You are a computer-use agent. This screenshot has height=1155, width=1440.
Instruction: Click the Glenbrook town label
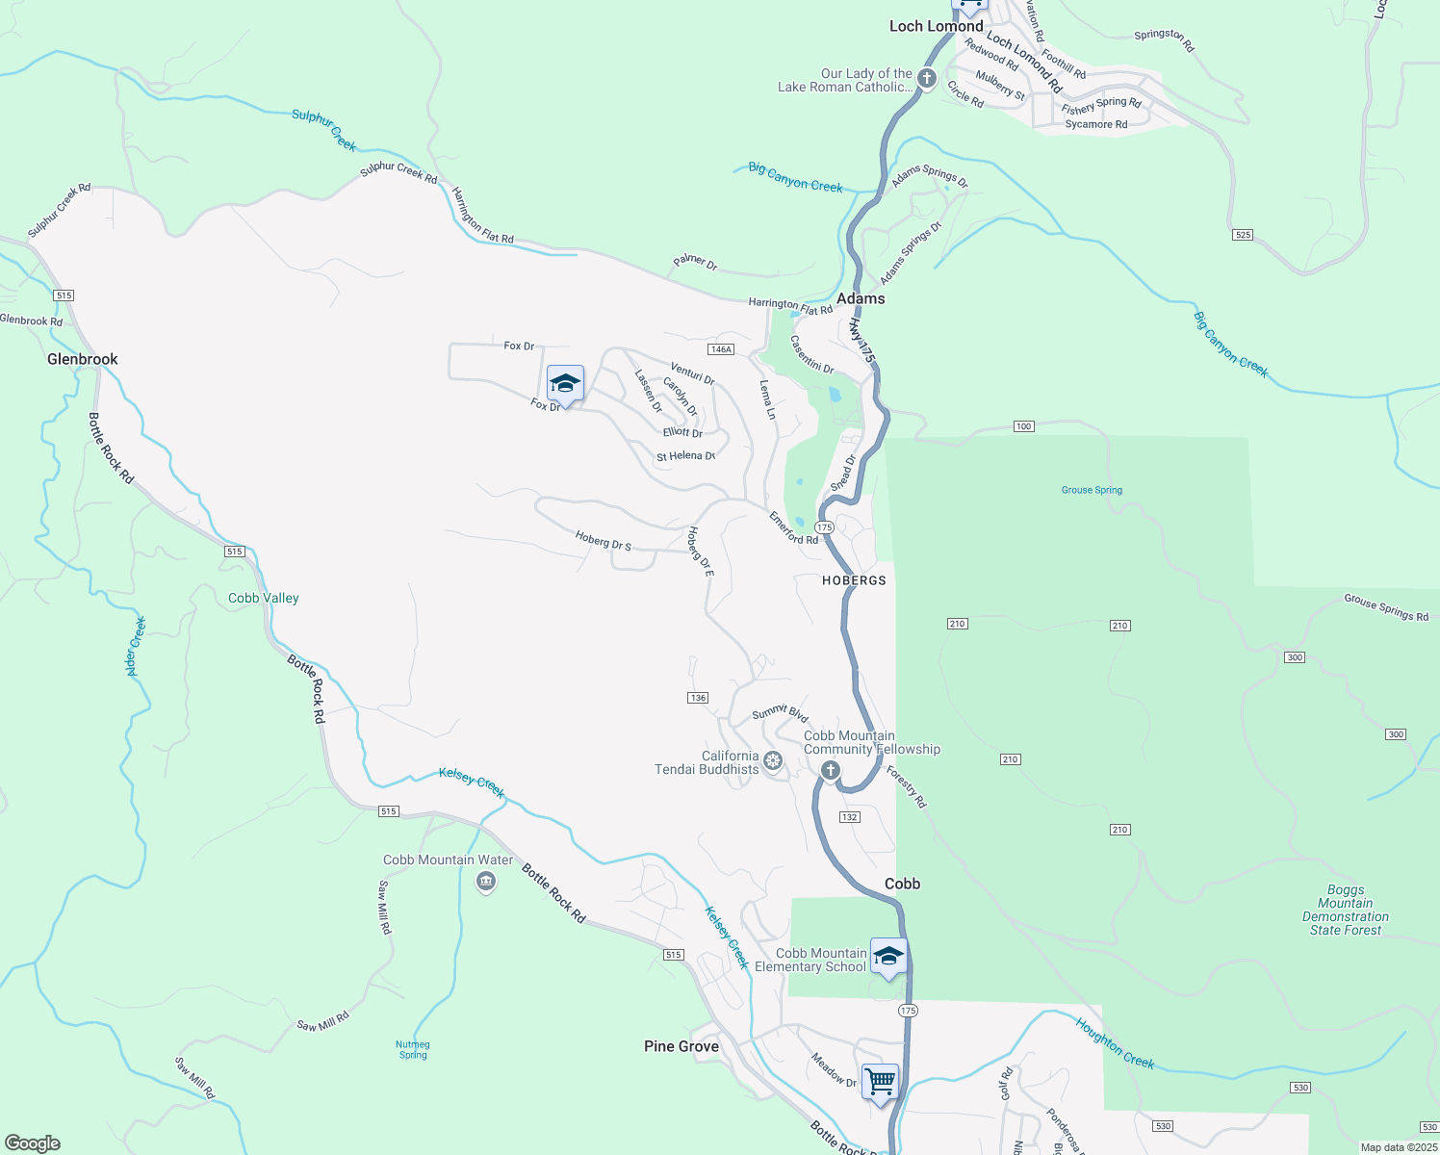tap(83, 359)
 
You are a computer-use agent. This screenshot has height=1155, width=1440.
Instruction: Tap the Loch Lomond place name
tap(936, 26)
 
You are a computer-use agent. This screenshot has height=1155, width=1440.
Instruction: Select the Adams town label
tap(861, 298)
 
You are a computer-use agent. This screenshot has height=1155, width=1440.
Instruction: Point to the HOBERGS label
tap(854, 580)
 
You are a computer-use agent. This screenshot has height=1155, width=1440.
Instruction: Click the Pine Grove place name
tap(681, 1046)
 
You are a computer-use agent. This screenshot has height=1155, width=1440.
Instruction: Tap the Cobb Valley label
tap(264, 598)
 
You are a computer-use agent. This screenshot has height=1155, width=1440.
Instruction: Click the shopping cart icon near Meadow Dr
tap(881, 1082)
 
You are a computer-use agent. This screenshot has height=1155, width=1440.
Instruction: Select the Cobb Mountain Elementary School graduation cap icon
tap(888, 957)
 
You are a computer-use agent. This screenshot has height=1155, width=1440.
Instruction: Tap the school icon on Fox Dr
tap(565, 384)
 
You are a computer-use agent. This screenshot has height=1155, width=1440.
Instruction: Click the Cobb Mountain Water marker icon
tap(486, 881)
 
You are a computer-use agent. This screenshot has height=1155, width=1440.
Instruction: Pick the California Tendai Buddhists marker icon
tap(772, 762)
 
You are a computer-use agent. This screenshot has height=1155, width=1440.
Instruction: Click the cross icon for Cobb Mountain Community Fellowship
tap(831, 770)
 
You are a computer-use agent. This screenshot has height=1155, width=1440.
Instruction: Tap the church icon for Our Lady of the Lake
tap(927, 79)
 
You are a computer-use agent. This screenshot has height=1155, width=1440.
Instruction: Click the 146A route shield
tap(721, 349)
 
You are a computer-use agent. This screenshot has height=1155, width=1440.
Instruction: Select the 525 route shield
tap(1243, 235)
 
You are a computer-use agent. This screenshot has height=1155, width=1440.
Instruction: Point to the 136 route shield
tap(698, 698)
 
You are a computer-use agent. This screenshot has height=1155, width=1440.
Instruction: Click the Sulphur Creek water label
tap(324, 130)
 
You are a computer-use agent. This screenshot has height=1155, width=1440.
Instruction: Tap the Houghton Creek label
tap(1115, 1043)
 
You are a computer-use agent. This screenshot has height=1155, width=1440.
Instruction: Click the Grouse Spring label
tap(1092, 490)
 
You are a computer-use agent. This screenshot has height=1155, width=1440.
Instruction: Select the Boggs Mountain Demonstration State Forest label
tap(1346, 910)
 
